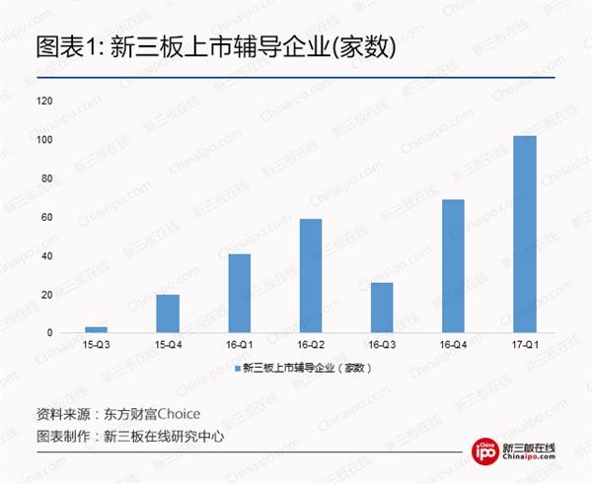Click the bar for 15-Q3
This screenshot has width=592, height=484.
click(x=96, y=329)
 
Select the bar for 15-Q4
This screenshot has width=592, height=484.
click(x=168, y=313)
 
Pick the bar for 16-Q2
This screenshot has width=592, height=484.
click(x=310, y=275)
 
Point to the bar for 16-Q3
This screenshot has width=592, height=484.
click(x=382, y=308)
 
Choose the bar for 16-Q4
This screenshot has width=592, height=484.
click(x=453, y=265)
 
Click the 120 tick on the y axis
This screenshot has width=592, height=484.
click(x=43, y=101)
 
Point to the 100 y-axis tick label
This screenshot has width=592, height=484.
click(x=43, y=140)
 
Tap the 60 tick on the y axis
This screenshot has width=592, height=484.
click(x=45, y=217)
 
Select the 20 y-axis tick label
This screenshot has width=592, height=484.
click(x=45, y=295)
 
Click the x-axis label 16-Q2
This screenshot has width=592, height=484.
click(x=310, y=346)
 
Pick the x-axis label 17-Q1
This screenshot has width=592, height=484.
click(x=525, y=346)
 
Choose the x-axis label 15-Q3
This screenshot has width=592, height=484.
click(x=96, y=346)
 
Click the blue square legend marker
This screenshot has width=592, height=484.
click(x=237, y=368)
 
